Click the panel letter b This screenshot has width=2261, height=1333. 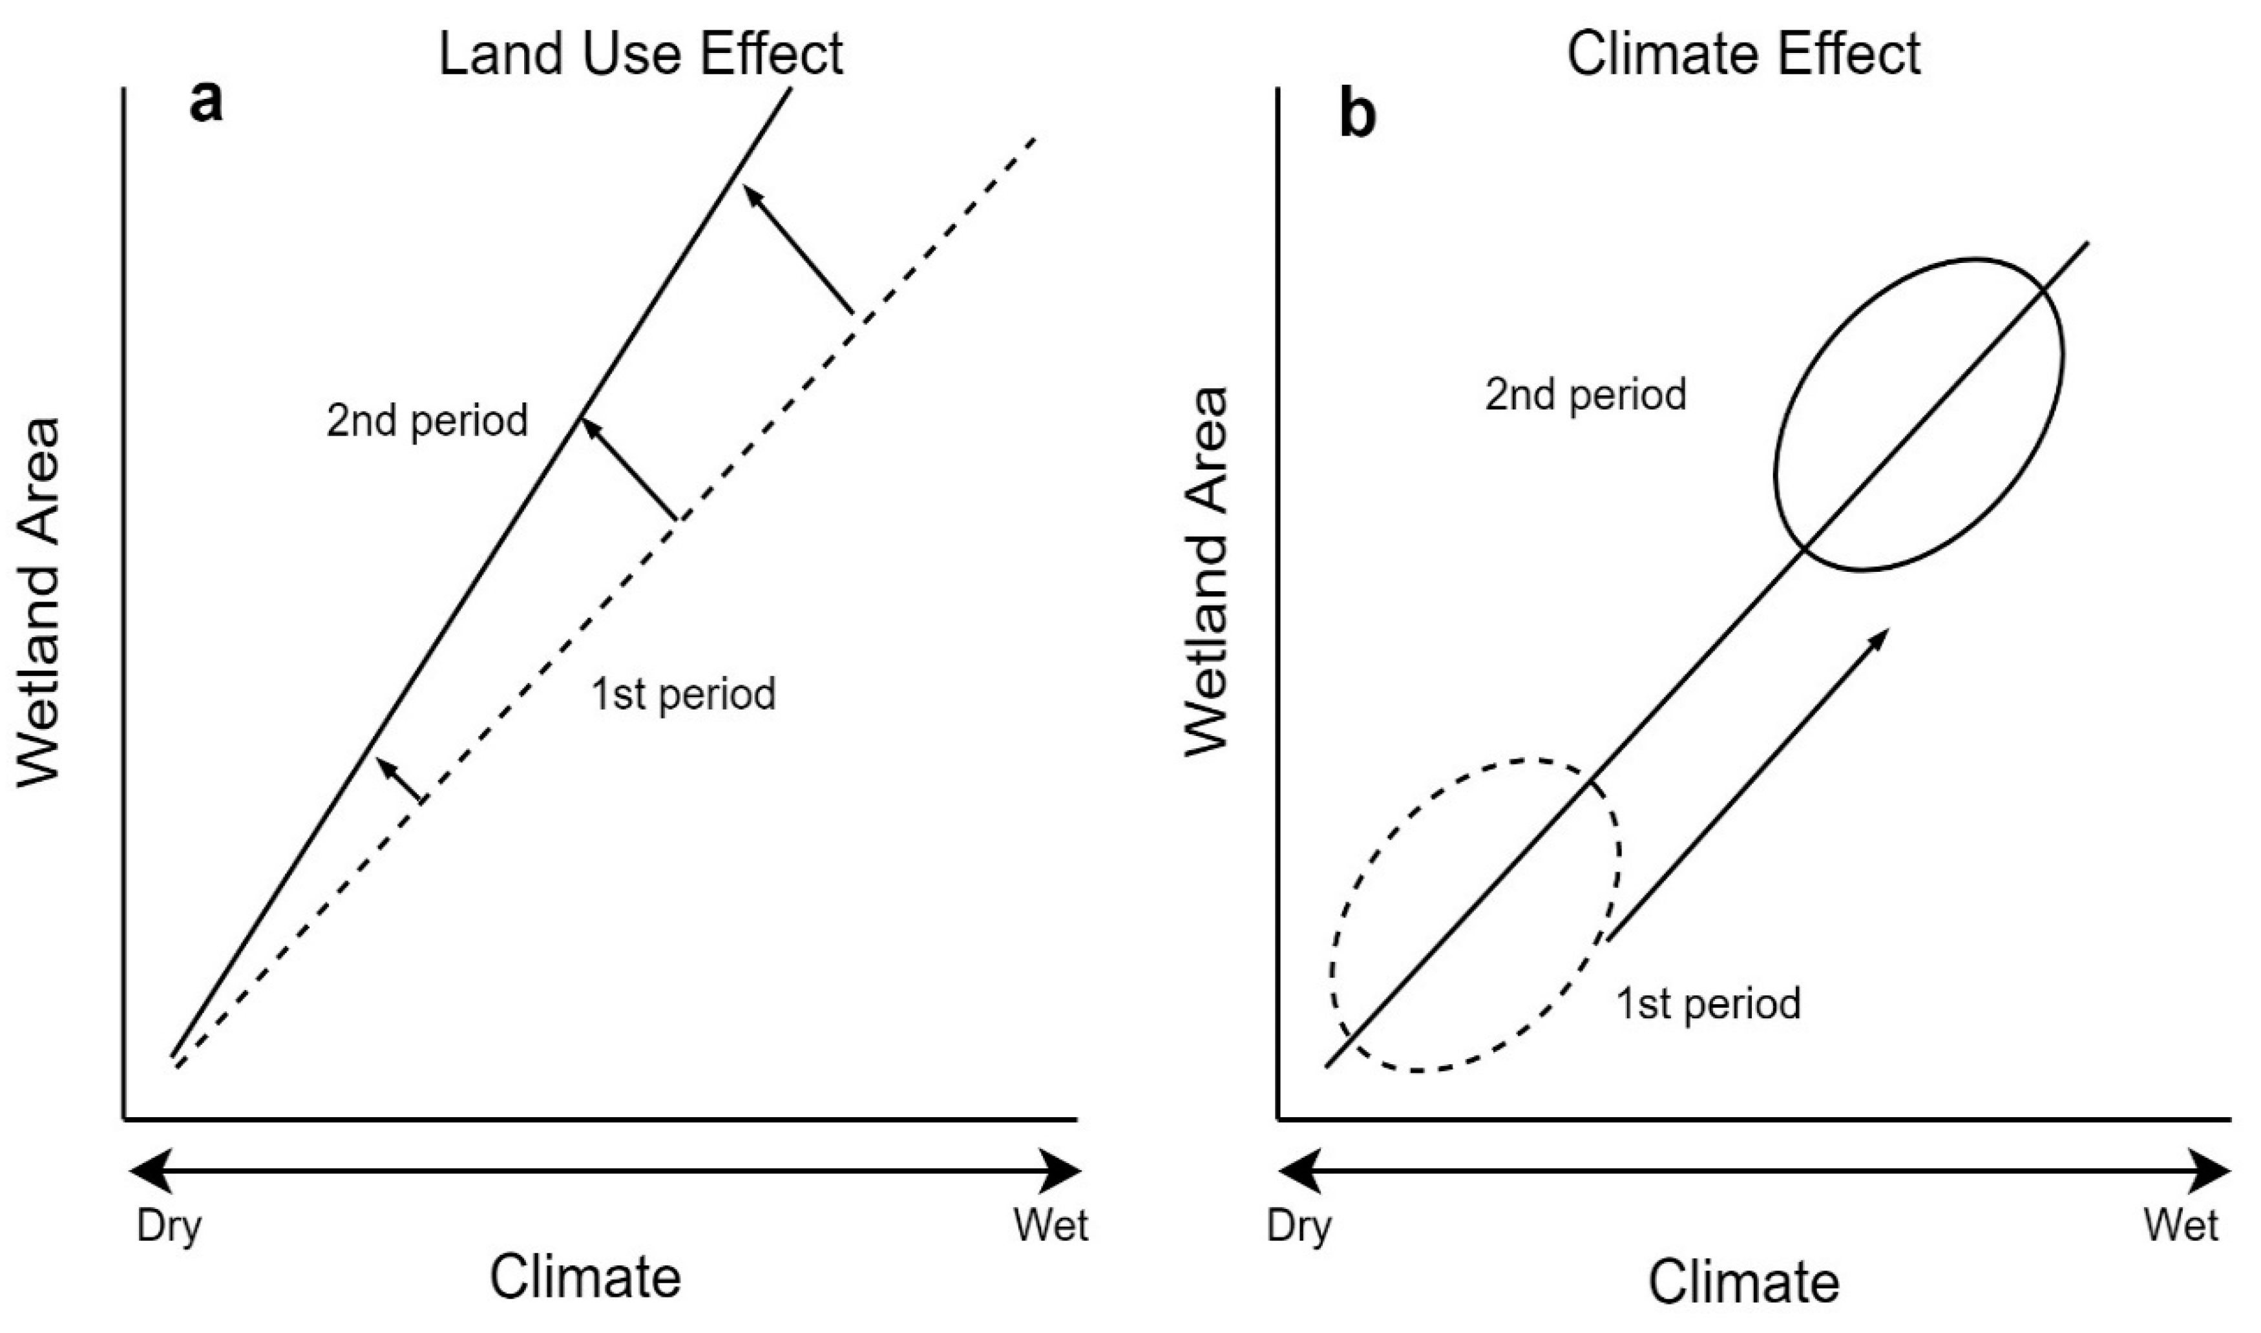pyautogui.click(x=1358, y=118)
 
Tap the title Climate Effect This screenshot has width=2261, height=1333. pyautogui.click(x=1743, y=54)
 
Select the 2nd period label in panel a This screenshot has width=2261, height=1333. pyautogui.click(x=428, y=421)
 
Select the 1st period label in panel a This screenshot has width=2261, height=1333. pyautogui.click(x=684, y=695)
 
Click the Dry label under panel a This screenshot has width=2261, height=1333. pyautogui.click(x=169, y=1227)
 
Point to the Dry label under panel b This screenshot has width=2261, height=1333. pyautogui.click(x=1299, y=1227)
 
